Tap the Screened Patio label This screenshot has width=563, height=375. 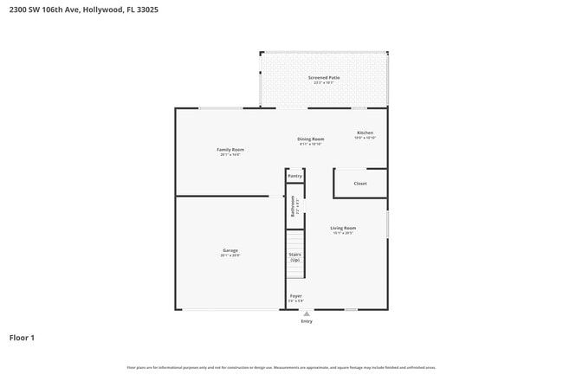[324, 78]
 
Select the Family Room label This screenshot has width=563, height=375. [230, 150]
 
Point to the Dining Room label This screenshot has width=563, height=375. [311, 139]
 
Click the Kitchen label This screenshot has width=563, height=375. [365, 133]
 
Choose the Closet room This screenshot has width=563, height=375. [360, 184]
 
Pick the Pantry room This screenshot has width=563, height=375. [294, 176]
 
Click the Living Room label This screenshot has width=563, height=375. [343, 228]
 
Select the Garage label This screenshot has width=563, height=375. [230, 250]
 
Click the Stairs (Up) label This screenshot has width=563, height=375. [294, 257]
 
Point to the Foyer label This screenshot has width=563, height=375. [295, 295]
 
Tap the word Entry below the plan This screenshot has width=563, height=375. [307, 321]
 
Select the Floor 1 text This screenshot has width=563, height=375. [22, 338]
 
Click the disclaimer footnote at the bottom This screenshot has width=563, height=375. [281, 368]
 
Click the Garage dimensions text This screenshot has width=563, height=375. [230, 255]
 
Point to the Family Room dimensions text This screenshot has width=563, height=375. [230, 155]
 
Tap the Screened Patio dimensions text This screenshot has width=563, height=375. [324, 83]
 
